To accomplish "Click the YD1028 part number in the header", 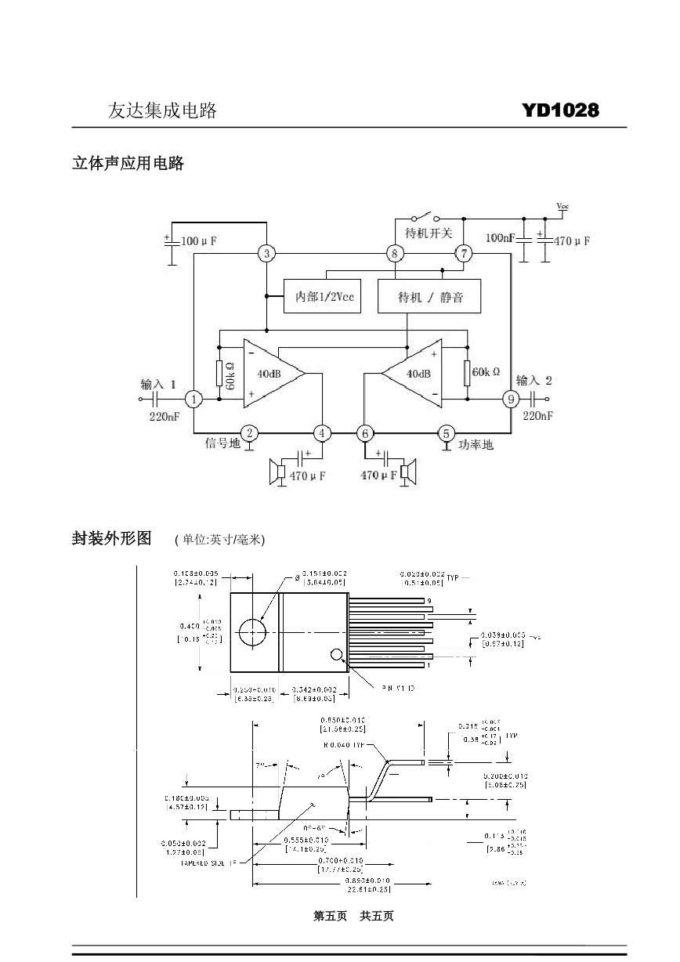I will pos(560,110).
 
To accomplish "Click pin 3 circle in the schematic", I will pos(267,253).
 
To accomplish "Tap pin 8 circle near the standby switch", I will pos(396,253).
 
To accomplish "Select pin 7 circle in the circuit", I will pos(464,253).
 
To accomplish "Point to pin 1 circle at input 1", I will pos(194,400).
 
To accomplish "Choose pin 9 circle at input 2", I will pos(511,400).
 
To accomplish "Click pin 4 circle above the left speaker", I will pos(322,433).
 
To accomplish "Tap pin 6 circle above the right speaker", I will pos(364,433).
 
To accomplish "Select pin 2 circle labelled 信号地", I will pos(249,433).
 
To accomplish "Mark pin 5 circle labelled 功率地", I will pos(447,433).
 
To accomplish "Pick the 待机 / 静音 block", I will pos(429,296).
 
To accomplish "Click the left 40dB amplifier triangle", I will pos(270,374).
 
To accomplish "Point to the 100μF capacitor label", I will pos(199,241).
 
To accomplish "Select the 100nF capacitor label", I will pos(500,238).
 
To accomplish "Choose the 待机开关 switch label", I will pos(429,233).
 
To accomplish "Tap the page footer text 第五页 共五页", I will pos(353,916).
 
